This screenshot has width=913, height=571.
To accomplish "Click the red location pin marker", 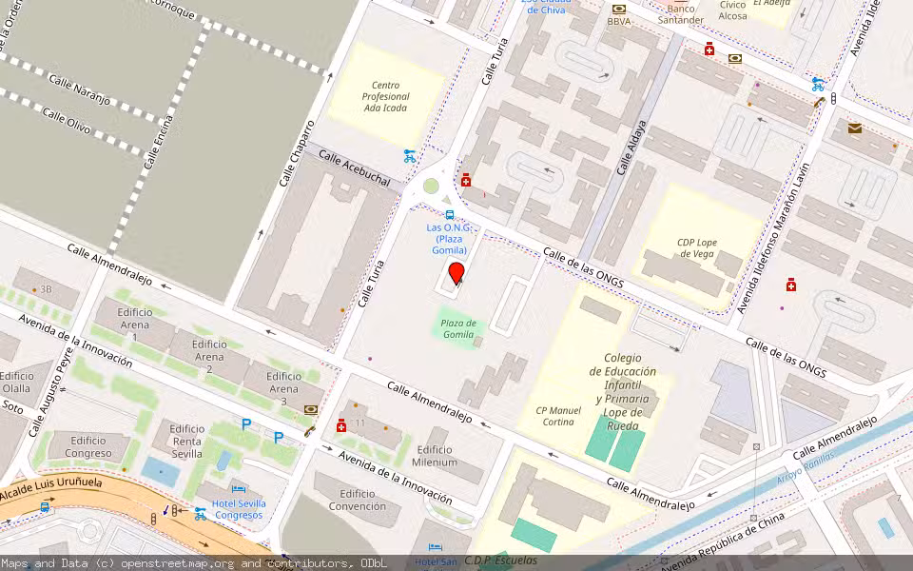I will point(456,273).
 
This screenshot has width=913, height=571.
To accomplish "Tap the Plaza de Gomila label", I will point(457,328).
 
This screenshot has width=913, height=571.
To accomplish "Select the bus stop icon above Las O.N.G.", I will point(450,215).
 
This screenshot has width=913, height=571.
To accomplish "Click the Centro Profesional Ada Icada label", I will point(385,96).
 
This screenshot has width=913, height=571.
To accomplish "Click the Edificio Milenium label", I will point(435,456).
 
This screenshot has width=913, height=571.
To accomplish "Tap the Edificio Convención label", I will point(358,500).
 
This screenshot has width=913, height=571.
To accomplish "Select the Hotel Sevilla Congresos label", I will point(239,509).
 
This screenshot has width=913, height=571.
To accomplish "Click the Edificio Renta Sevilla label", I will point(186,441).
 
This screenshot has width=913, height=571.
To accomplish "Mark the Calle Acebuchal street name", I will point(354,168).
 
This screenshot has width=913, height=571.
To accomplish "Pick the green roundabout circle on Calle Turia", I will point(431,186).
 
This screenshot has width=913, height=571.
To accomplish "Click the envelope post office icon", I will point(854,128).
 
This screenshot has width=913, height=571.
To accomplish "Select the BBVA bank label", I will point(618,21).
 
